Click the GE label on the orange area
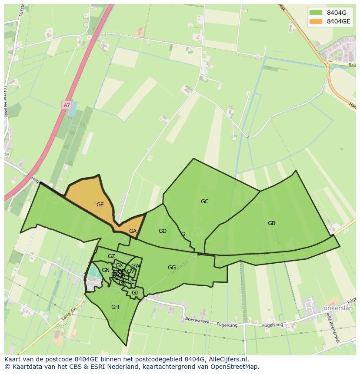[100, 205]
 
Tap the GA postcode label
[133, 231]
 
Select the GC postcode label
[204, 202]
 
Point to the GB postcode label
[271, 223]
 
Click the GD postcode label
[163, 231]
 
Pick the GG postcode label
[172, 268]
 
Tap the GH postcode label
[115, 307]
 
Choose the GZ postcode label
[111, 256]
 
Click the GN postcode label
[106, 270]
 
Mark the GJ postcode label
[135, 293]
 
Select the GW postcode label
[136, 266]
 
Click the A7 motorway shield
[67, 105]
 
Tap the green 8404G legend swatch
[316, 12]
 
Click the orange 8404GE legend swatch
[316, 21]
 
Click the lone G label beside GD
[183, 234]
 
